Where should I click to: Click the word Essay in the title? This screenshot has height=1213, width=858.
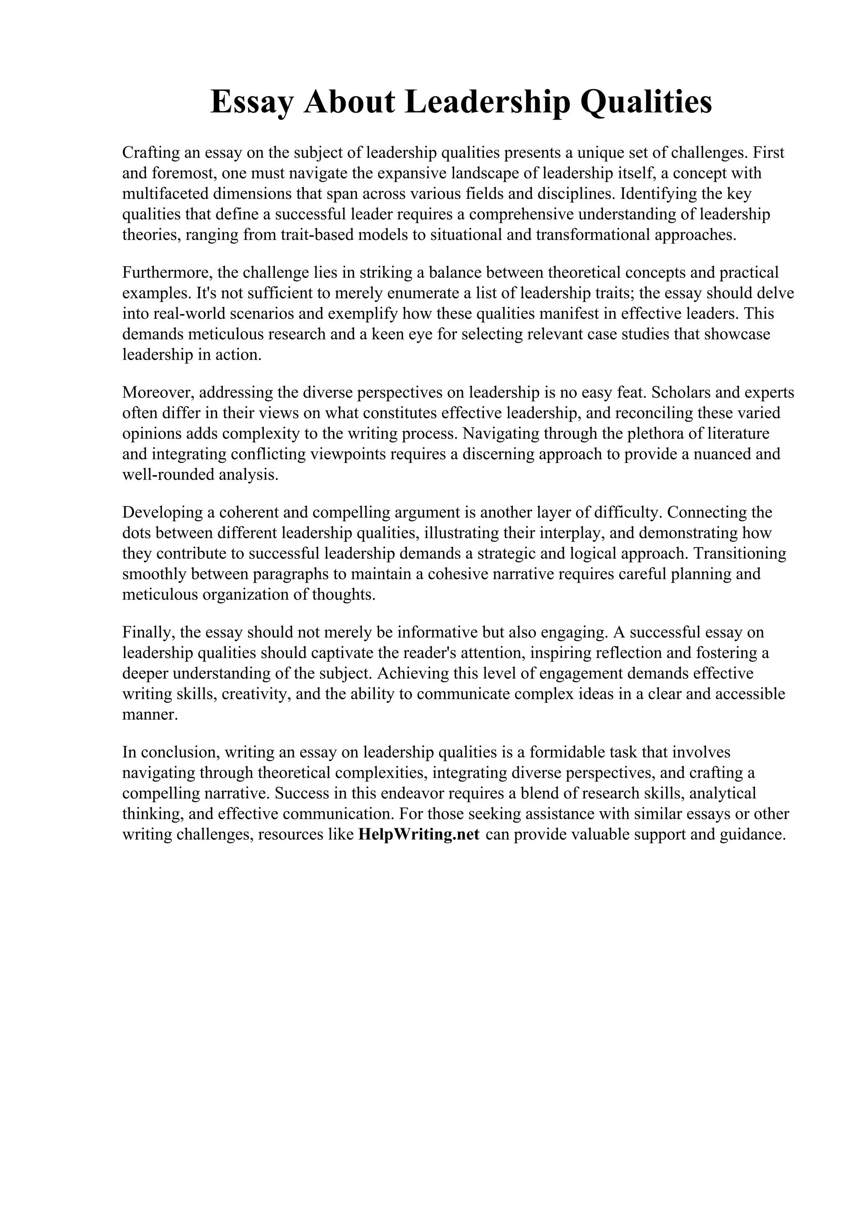tap(251, 102)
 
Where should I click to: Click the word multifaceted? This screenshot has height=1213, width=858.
tap(165, 194)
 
